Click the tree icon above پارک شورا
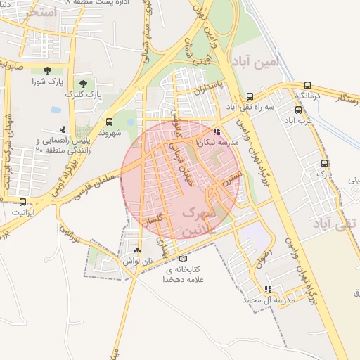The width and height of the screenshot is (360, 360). [47, 70]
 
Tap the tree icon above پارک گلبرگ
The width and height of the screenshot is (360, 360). [84, 83]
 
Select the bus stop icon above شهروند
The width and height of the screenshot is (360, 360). [108, 121]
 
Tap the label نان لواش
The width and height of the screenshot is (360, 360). [137, 261]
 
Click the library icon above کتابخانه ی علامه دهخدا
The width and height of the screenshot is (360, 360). [184, 258]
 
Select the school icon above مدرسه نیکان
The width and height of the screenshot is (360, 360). [217, 131]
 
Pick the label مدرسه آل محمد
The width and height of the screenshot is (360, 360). [267, 300]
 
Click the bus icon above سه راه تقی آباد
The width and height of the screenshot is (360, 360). [250, 96]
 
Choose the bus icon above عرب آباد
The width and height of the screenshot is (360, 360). [299, 109]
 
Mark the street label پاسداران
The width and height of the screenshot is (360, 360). [209, 92]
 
